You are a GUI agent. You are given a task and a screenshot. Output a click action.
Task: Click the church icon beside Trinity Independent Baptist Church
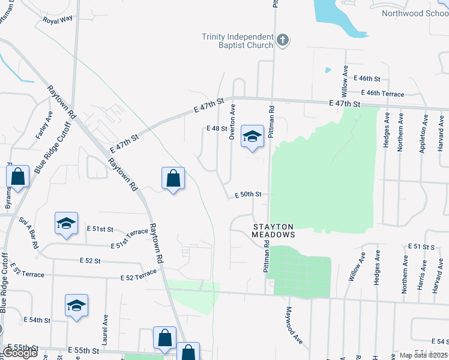[283, 41]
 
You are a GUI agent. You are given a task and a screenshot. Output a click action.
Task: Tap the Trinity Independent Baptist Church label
[237, 41]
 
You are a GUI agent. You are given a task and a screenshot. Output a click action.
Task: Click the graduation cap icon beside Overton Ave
[253, 136]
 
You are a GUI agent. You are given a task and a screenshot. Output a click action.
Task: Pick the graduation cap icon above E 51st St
[66, 223]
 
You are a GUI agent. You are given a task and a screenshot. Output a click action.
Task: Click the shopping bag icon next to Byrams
[18, 176]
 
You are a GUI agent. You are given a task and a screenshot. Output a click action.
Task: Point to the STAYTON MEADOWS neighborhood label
[273, 231]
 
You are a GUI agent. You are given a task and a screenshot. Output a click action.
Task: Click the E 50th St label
[248, 194]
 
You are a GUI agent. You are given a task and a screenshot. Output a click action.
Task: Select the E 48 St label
[217, 128]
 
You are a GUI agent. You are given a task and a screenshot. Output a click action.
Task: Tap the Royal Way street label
[58, 19]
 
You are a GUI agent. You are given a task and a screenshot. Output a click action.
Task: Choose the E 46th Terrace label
[383, 94]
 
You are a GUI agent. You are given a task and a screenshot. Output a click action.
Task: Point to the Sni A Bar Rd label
[29, 233]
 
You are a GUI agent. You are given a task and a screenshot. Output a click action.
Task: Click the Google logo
[20, 353]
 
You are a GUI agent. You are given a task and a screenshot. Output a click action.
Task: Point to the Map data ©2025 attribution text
[424, 355]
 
